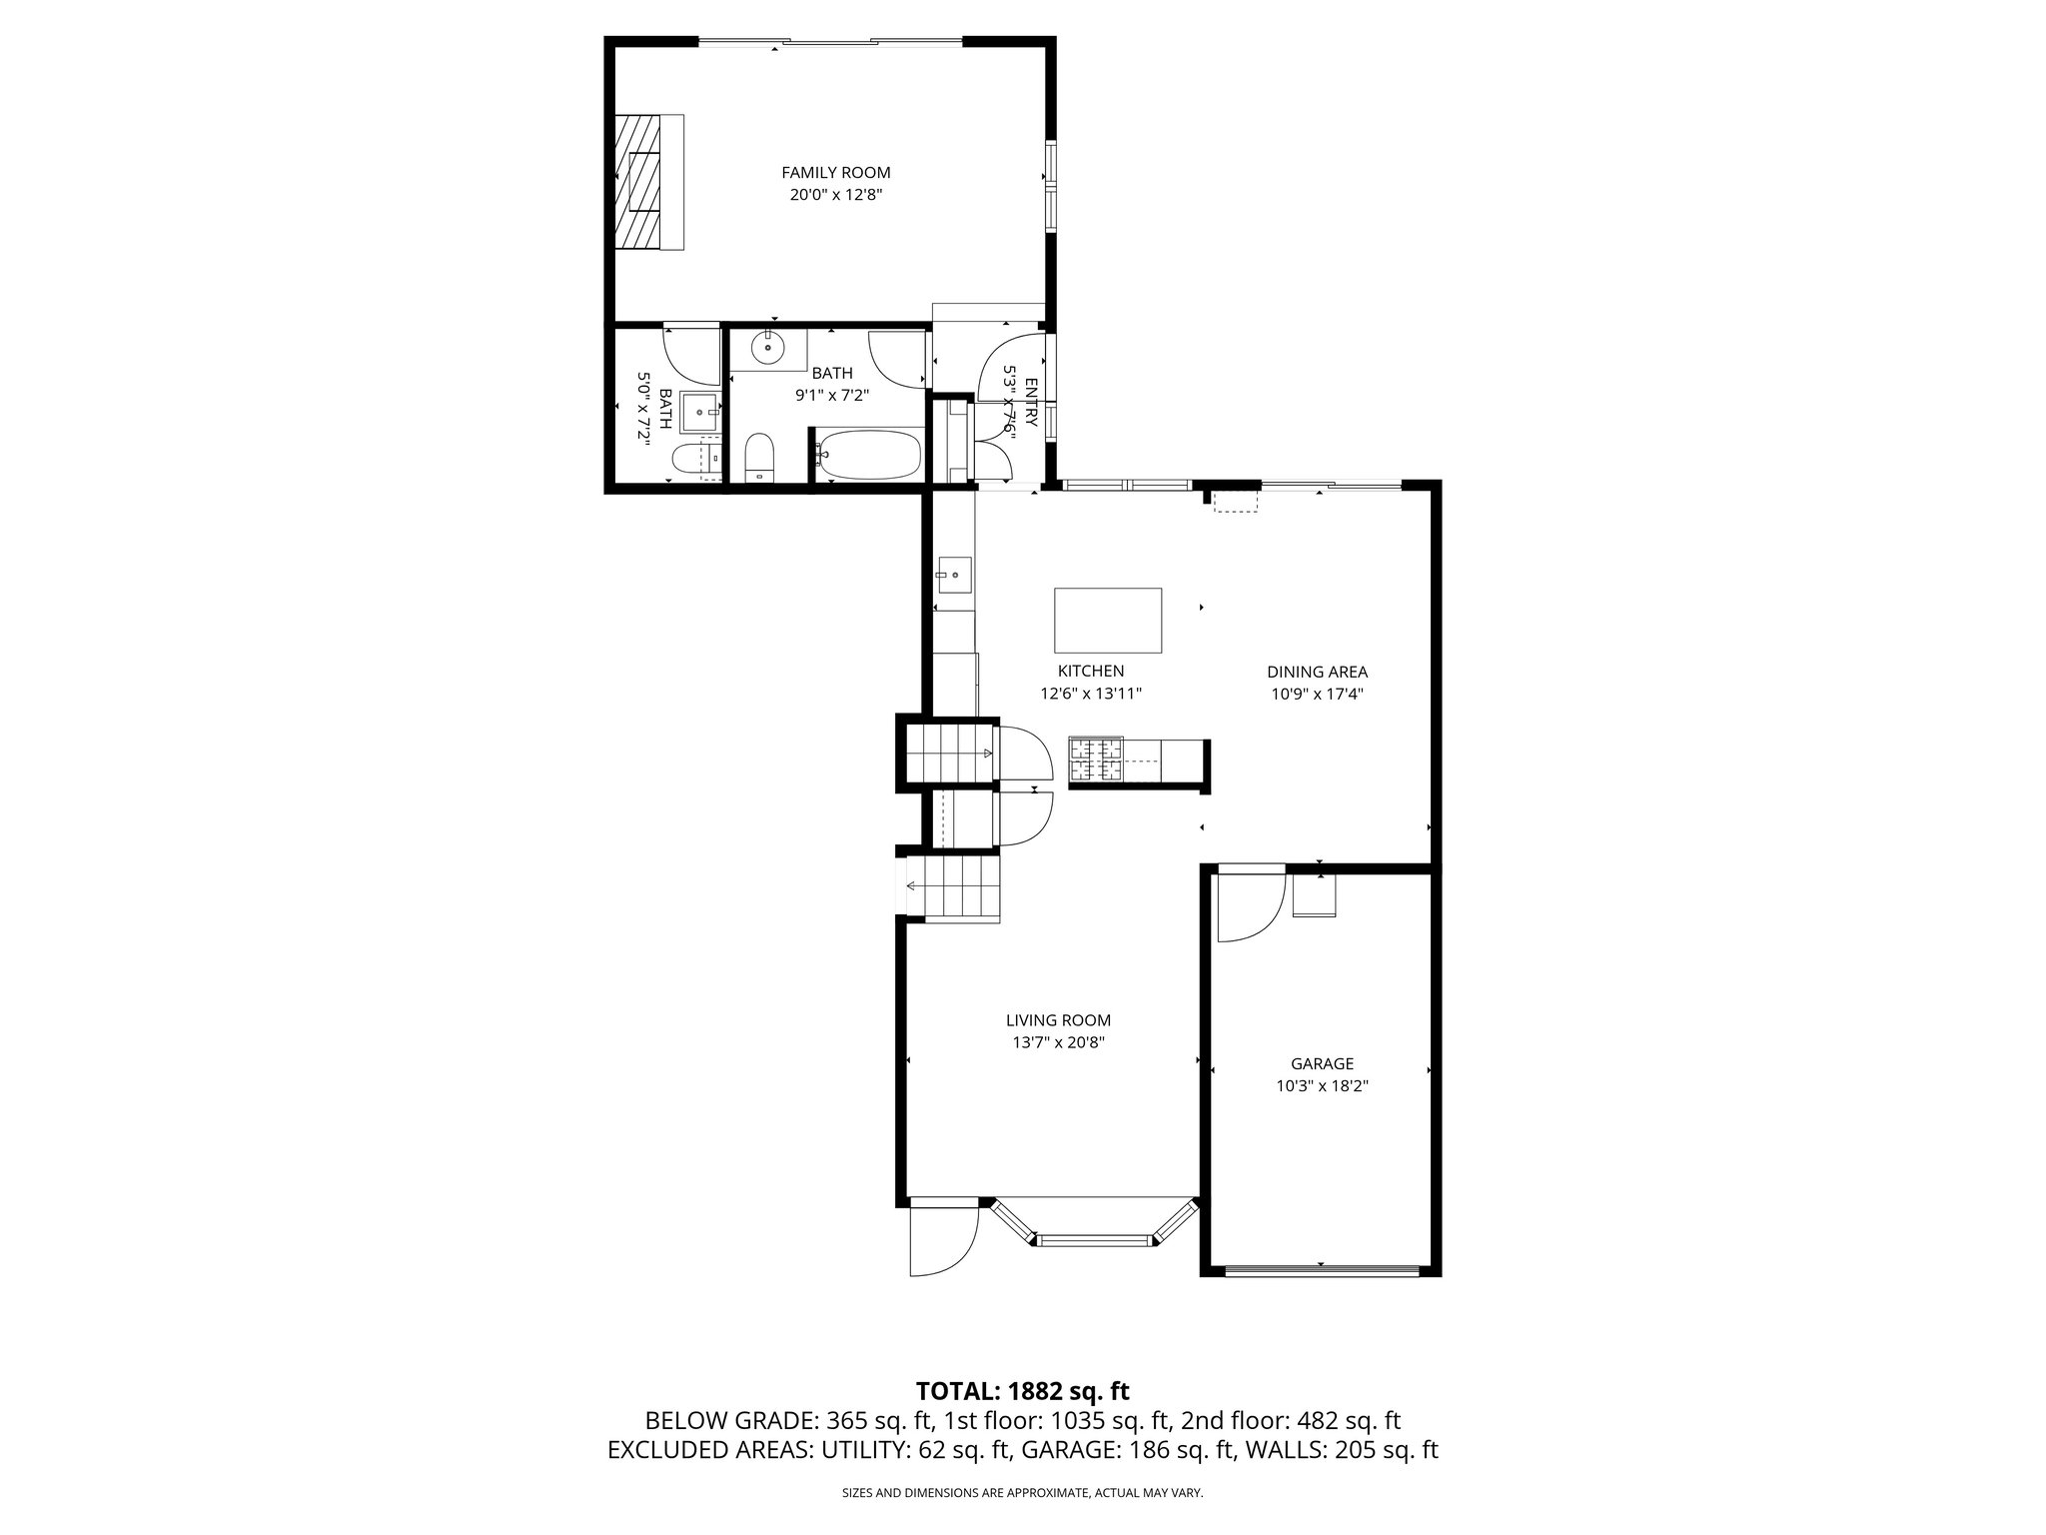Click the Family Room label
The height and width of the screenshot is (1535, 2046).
835,173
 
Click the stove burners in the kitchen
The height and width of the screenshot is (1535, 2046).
1097,758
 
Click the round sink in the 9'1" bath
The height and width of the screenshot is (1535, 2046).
768,348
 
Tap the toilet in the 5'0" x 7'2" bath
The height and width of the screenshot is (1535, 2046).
687,460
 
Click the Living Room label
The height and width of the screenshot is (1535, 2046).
1058,1020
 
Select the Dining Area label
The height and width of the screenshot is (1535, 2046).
1317,672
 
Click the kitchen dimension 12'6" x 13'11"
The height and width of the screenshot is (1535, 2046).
1091,693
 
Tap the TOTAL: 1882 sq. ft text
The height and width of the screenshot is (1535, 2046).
1022,1390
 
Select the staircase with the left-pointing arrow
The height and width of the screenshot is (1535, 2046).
953,886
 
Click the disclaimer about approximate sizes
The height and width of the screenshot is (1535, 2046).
1022,1493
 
